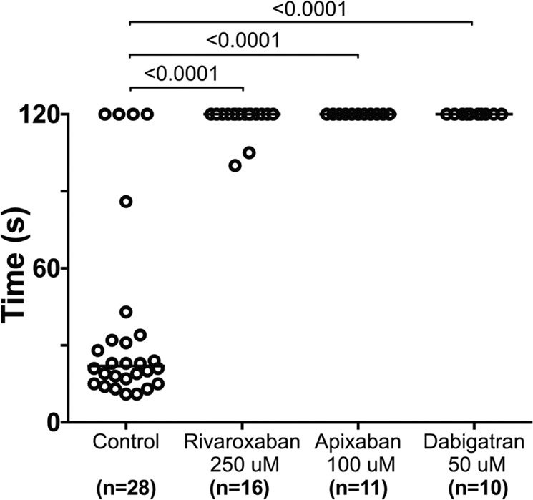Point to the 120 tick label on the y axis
point(39,114)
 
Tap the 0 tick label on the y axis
point(52,423)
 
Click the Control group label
point(126,442)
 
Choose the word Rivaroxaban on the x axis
point(242,442)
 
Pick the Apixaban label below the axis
point(358,442)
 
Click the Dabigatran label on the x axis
point(474,442)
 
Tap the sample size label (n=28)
point(126,489)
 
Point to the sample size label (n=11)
point(358,489)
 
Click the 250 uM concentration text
point(244,465)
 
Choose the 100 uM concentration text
point(361,465)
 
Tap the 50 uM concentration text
point(476,465)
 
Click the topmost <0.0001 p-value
point(309,9)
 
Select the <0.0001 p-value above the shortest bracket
point(181,74)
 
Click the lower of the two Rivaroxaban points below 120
point(235,165)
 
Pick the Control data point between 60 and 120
point(126,202)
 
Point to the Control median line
point(126,366)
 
